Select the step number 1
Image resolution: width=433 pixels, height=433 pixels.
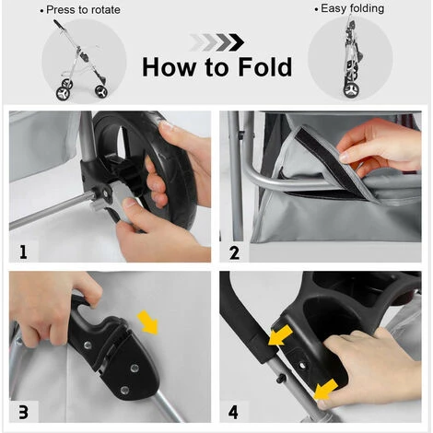pos(23,252)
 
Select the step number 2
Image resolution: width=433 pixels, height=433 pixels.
pos(234,253)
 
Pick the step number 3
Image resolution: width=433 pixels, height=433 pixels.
pos(24,412)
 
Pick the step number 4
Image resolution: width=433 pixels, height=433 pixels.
pos(233,412)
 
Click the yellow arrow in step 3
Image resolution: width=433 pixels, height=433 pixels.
pos(148,322)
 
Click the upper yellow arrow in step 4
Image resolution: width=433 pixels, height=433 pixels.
pos(280,335)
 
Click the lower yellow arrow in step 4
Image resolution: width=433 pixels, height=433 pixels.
pos(325,390)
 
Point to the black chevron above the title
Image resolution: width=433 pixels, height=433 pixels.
pos(236,42)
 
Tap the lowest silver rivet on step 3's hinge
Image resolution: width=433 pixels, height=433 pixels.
pos(124,391)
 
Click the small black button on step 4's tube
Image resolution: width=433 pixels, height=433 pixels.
pos(281,379)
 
